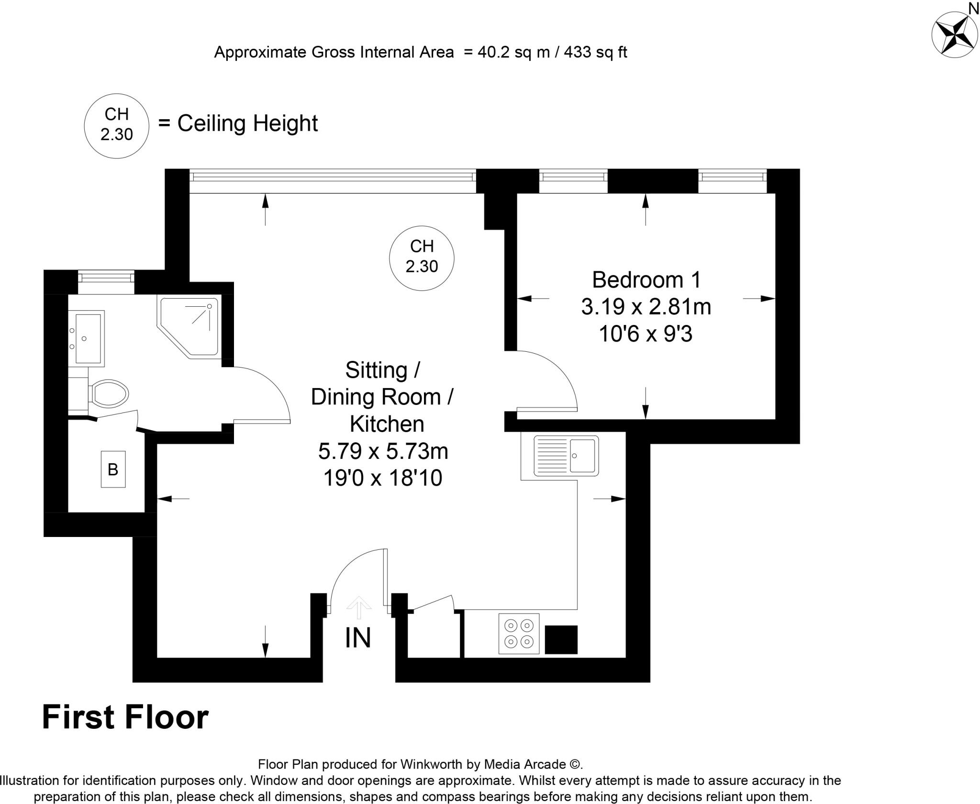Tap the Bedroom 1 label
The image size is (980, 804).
click(646, 280)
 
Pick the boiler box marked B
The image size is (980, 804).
click(113, 469)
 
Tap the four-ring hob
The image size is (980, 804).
click(519, 633)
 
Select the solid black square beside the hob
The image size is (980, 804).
click(561, 639)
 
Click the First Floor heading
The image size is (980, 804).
click(125, 717)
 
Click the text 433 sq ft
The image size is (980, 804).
click(595, 52)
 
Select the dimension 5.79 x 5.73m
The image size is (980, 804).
click(383, 451)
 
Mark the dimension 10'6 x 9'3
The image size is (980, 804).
click(646, 334)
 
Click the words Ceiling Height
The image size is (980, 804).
click(247, 123)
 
